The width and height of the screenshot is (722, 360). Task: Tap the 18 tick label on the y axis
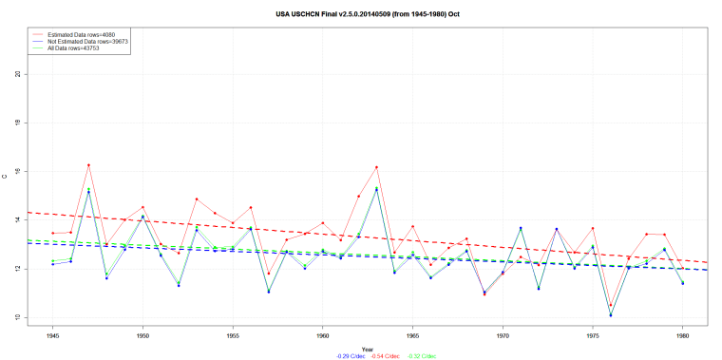tap(19, 123)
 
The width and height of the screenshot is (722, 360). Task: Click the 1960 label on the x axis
tap(323, 335)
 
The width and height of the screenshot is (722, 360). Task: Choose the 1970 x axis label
tap(503, 335)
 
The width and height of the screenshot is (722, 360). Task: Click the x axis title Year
tap(367, 349)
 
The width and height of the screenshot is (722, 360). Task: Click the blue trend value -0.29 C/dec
tap(326, 355)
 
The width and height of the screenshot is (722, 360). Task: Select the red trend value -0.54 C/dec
tap(368, 355)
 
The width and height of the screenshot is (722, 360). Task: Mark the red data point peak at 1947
tap(88, 165)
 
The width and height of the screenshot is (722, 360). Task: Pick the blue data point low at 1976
tap(611, 315)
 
